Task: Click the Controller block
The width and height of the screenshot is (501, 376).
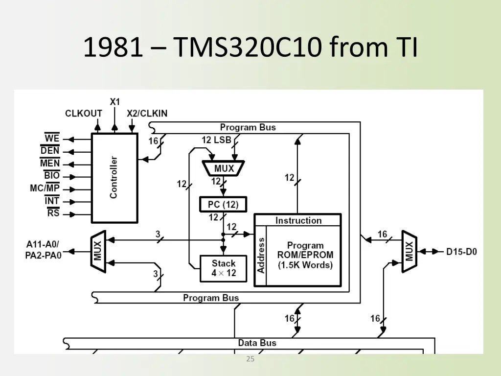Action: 114,178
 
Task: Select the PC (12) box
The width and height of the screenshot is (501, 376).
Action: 223,204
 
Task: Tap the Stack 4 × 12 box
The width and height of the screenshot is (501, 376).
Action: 223,268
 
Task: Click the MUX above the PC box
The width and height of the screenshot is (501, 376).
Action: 223,168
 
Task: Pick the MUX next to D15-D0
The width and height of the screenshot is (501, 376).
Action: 410,251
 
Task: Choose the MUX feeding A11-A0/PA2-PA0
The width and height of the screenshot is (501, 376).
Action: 98,251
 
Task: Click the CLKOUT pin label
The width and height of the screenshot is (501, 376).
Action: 83,114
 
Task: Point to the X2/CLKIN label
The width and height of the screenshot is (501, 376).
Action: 147,114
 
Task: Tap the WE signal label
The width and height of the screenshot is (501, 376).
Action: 52,138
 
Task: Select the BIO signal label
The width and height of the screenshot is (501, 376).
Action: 52,175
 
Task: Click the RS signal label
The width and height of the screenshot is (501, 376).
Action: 53,212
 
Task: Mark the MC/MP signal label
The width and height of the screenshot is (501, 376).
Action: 45,188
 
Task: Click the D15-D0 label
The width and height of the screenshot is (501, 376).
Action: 461,252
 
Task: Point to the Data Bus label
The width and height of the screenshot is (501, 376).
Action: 257,343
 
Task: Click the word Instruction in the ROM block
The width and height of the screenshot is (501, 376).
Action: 298,220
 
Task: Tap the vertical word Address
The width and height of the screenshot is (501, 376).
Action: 261,256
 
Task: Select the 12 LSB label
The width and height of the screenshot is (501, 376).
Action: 216,140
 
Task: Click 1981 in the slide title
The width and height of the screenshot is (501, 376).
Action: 113,47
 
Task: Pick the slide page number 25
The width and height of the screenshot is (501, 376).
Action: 250,359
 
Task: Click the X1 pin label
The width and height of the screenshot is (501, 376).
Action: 114,102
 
